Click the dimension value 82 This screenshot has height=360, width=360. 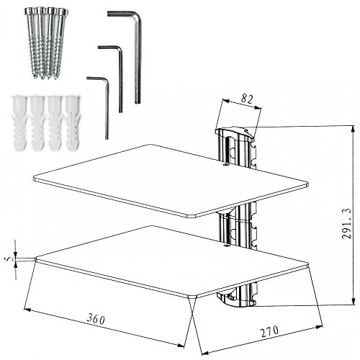247,99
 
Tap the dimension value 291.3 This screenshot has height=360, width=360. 346,224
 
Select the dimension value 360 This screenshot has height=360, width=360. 96,319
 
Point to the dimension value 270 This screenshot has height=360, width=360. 269,331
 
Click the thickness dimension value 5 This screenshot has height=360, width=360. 9,259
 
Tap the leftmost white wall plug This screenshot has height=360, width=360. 19,123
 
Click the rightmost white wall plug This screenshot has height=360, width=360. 73,123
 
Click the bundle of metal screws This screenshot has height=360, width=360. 46,43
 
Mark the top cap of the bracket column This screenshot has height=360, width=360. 235,133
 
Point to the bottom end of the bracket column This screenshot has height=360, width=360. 235,300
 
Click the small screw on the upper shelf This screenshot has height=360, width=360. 225,164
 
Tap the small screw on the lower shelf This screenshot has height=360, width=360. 225,246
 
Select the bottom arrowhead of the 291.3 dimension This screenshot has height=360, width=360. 353,302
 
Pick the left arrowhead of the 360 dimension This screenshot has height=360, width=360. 27,310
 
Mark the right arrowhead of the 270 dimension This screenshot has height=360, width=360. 320,327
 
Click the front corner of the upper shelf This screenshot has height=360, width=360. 192,217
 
